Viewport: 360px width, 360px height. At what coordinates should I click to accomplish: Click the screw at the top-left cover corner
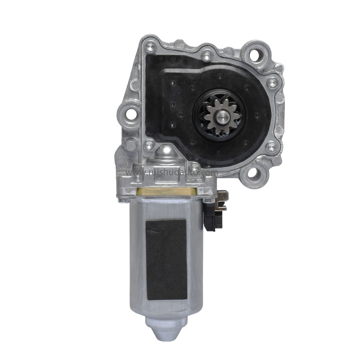[x=148, y=45]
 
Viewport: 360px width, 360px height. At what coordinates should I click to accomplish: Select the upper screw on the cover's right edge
[x=272, y=82]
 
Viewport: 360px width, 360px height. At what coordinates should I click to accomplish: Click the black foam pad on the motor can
[x=166, y=260]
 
